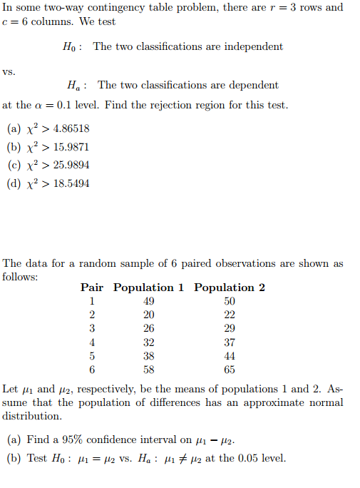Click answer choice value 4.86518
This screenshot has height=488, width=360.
click(x=71, y=129)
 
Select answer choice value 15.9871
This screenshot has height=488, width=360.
click(x=71, y=147)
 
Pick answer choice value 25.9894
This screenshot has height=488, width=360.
click(x=71, y=165)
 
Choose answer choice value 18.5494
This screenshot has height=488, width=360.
click(x=71, y=183)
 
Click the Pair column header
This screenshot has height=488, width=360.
click(x=92, y=288)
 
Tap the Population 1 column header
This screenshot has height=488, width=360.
click(x=148, y=288)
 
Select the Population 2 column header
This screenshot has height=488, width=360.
click(x=230, y=288)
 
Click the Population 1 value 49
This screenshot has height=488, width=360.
click(x=148, y=301)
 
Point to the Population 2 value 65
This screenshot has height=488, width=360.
click(x=230, y=370)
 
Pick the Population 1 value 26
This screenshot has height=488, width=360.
click(x=148, y=328)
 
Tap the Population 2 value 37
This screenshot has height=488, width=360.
click(x=230, y=342)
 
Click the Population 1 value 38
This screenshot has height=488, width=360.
click(x=148, y=356)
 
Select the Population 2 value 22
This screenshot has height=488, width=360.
click(x=230, y=315)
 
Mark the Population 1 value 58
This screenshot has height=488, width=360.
click(x=148, y=370)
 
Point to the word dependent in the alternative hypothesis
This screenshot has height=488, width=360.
click(x=251, y=85)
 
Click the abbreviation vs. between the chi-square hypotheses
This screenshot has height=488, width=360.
click(x=9, y=71)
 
